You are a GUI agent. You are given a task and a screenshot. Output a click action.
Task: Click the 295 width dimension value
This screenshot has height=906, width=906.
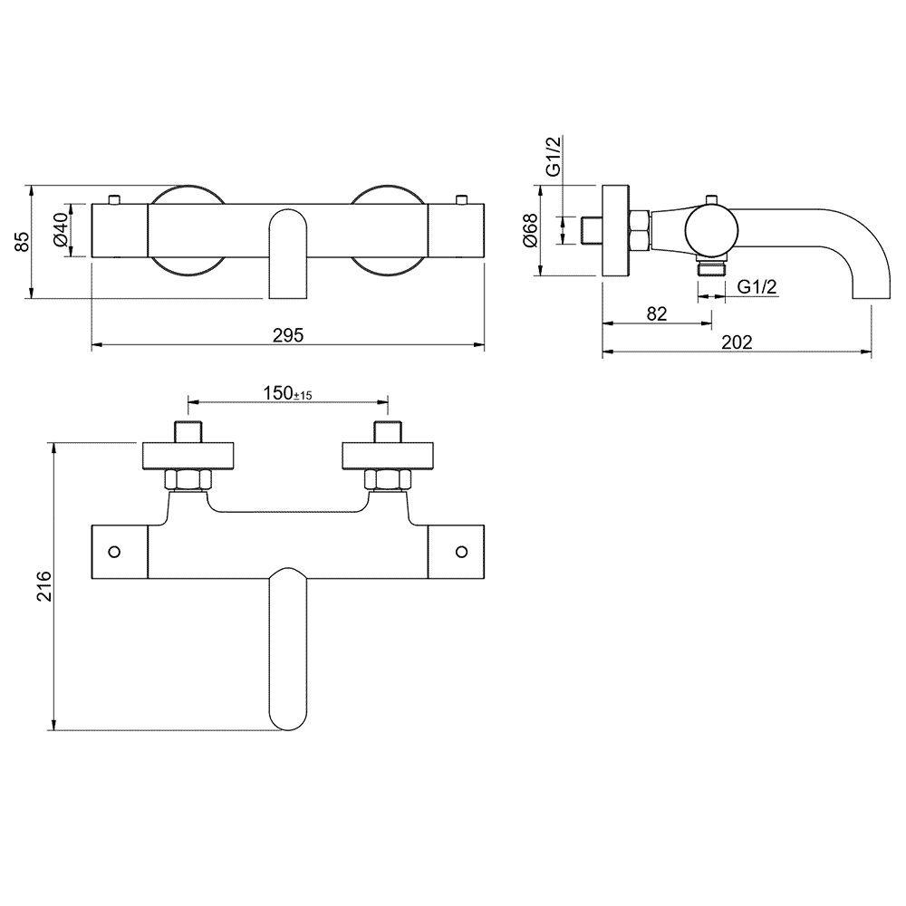[x=288, y=334]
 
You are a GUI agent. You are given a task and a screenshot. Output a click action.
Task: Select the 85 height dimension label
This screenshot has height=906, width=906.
[x=24, y=241]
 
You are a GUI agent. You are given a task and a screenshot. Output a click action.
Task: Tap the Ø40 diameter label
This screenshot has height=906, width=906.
[x=60, y=232]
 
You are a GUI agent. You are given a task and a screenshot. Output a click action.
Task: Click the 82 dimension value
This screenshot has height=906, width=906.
[x=657, y=313]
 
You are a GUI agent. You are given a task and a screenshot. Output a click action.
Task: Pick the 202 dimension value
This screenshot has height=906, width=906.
[x=738, y=342]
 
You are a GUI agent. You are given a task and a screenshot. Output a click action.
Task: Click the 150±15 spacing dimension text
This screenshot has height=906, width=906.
[x=287, y=393]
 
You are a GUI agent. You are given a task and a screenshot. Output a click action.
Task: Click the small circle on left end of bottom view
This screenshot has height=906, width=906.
[x=114, y=550]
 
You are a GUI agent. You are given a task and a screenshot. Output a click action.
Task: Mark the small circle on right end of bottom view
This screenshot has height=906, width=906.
[x=461, y=550]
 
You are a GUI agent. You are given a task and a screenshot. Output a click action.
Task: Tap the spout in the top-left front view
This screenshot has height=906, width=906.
[x=288, y=254]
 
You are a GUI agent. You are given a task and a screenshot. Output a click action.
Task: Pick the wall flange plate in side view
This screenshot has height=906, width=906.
[x=615, y=231]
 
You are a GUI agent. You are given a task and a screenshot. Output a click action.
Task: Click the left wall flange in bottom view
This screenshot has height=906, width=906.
[x=188, y=456]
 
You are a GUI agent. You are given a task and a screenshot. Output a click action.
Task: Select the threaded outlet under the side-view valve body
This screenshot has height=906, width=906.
[x=710, y=268]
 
